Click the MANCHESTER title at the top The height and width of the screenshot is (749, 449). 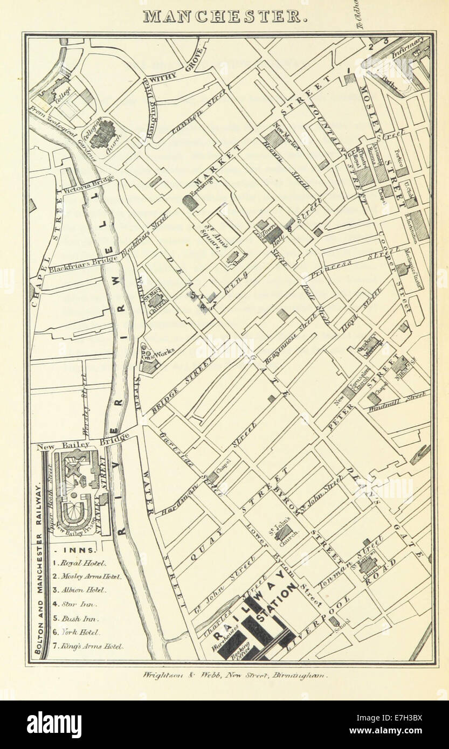[x=225, y=16]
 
